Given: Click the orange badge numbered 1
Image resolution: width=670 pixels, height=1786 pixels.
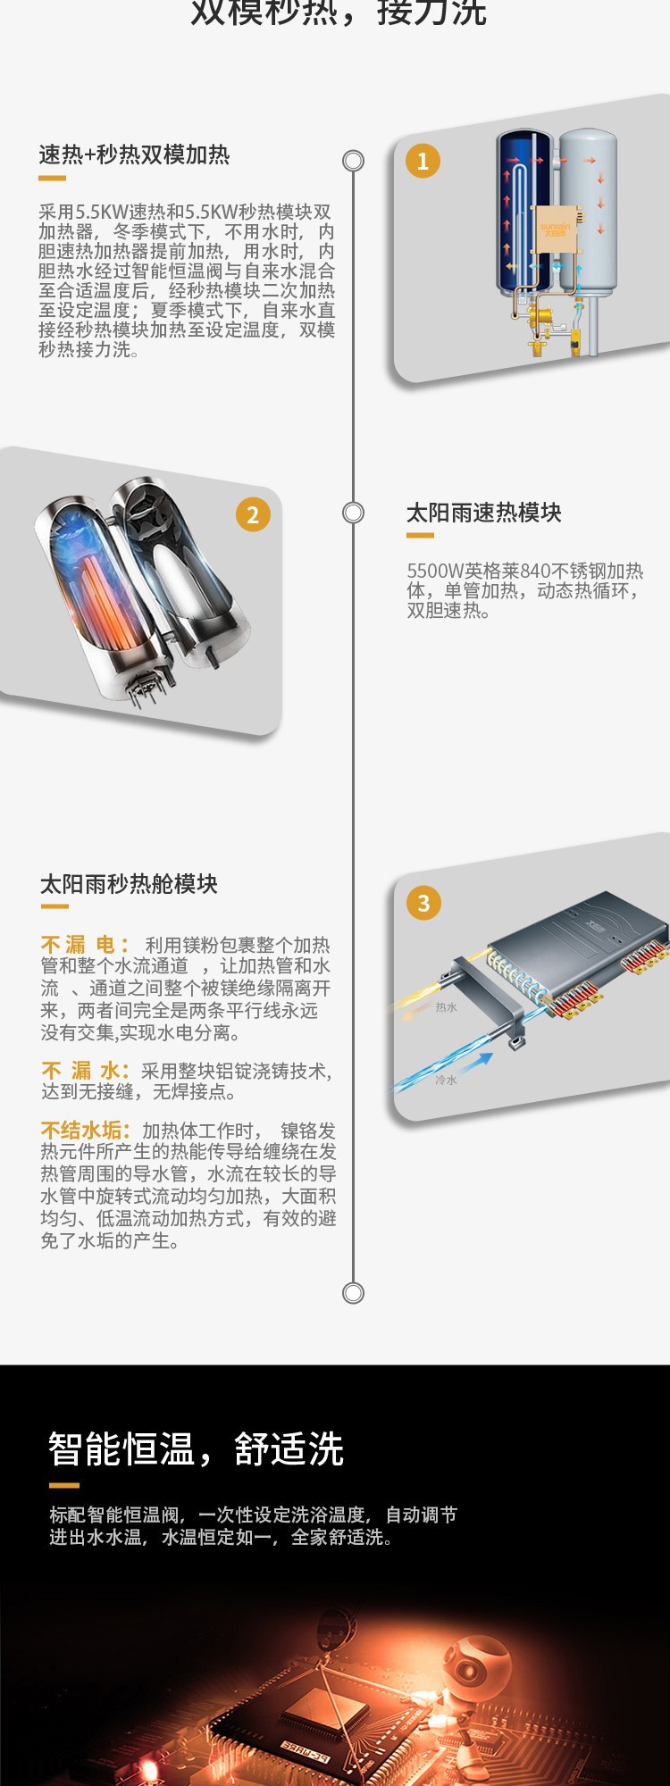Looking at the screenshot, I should [x=423, y=161].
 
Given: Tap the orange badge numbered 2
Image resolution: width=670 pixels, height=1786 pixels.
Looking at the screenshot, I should [x=253, y=514].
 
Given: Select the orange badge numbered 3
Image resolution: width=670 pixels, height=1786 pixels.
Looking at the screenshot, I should [x=423, y=903].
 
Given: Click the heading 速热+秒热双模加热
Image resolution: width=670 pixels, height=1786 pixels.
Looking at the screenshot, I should [x=134, y=155].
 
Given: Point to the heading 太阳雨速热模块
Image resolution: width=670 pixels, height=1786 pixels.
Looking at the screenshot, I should [x=483, y=513].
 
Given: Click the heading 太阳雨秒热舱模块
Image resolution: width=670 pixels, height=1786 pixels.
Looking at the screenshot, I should [x=129, y=884].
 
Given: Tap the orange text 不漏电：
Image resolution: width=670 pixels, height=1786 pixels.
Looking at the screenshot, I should [x=86, y=945].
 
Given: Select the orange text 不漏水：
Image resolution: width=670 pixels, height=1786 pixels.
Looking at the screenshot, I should [x=86, y=1071].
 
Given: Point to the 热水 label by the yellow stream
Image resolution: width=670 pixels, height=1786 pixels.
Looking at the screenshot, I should [x=446, y=1007].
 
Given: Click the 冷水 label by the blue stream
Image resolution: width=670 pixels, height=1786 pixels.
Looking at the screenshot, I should [x=446, y=1080].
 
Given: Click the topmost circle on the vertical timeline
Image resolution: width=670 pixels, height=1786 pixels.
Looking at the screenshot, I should [x=354, y=161].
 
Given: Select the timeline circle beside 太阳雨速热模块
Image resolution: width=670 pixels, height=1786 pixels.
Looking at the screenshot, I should [x=354, y=513].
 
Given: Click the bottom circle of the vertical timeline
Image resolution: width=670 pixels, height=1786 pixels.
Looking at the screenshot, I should [x=354, y=1293].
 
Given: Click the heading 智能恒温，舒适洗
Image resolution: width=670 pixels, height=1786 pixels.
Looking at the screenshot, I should [x=196, y=1448].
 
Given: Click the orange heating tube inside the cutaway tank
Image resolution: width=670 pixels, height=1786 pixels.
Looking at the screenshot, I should [x=103, y=598].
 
